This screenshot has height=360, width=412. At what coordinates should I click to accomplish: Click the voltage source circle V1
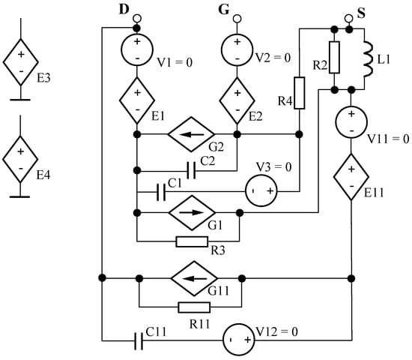137,51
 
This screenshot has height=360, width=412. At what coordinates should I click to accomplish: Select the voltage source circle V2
237,51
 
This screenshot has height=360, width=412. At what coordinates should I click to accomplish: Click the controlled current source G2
187,135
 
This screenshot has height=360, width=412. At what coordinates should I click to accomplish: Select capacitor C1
161,192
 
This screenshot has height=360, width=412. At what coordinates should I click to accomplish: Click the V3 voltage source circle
263,192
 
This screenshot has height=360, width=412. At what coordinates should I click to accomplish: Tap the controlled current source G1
187,213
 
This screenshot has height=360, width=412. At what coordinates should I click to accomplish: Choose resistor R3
191,241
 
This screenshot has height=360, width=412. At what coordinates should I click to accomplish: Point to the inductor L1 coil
367,59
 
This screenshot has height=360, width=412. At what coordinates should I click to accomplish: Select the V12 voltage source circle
238,341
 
